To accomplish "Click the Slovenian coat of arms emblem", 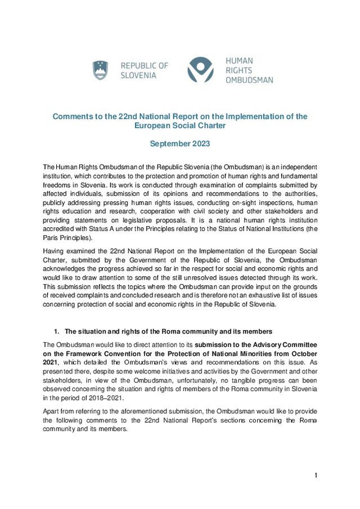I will click(x=100, y=70).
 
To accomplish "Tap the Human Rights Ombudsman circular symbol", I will click(x=201, y=70).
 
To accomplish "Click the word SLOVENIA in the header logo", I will click(x=138, y=75).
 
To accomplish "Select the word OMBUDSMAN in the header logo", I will click(x=249, y=80).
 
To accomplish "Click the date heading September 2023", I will click(x=179, y=143).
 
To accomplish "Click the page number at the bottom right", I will click(x=316, y=476).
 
